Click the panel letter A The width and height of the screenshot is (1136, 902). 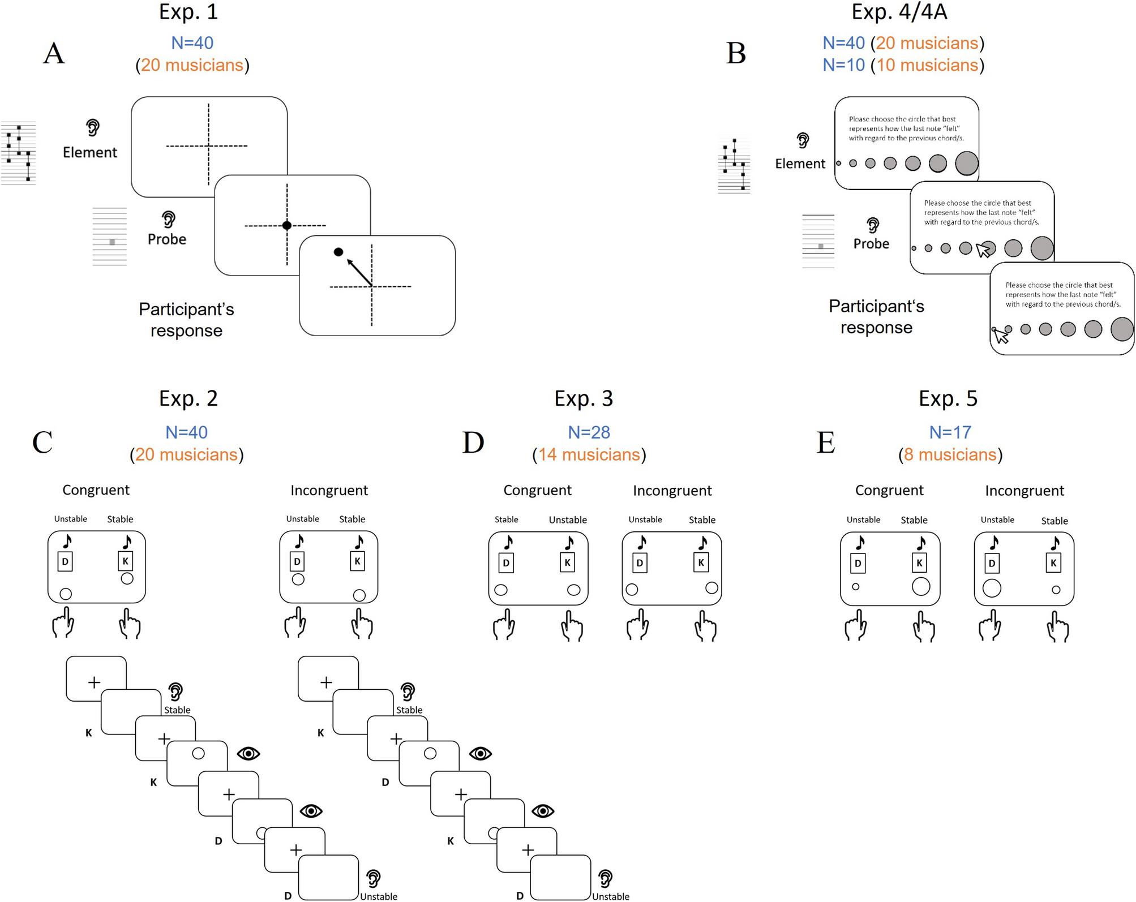(x=54, y=54)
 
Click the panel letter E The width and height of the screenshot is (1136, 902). (x=826, y=443)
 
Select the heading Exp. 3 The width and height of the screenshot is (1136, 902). (x=583, y=399)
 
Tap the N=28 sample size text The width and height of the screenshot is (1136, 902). (x=589, y=432)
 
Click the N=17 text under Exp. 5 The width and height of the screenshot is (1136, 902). (x=950, y=432)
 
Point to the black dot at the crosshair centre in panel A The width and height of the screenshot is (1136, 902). (x=287, y=225)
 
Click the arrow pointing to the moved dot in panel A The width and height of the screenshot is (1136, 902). (x=358, y=272)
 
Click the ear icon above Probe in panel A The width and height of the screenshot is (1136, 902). (x=168, y=219)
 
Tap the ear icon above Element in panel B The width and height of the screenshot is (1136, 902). (x=802, y=140)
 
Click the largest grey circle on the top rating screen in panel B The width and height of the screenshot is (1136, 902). (x=966, y=163)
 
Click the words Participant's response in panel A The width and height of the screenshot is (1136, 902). (x=186, y=320)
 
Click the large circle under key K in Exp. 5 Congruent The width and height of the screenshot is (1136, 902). (x=921, y=586)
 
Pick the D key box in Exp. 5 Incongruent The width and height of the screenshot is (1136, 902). (x=992, y=563)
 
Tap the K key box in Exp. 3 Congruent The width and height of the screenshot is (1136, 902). (x=567, y=562)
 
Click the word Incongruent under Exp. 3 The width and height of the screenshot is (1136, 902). (x=672, y=491)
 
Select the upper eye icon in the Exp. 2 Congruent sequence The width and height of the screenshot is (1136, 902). (x=248, y=754)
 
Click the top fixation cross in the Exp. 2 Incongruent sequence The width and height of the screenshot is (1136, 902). (x=326, y=682)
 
